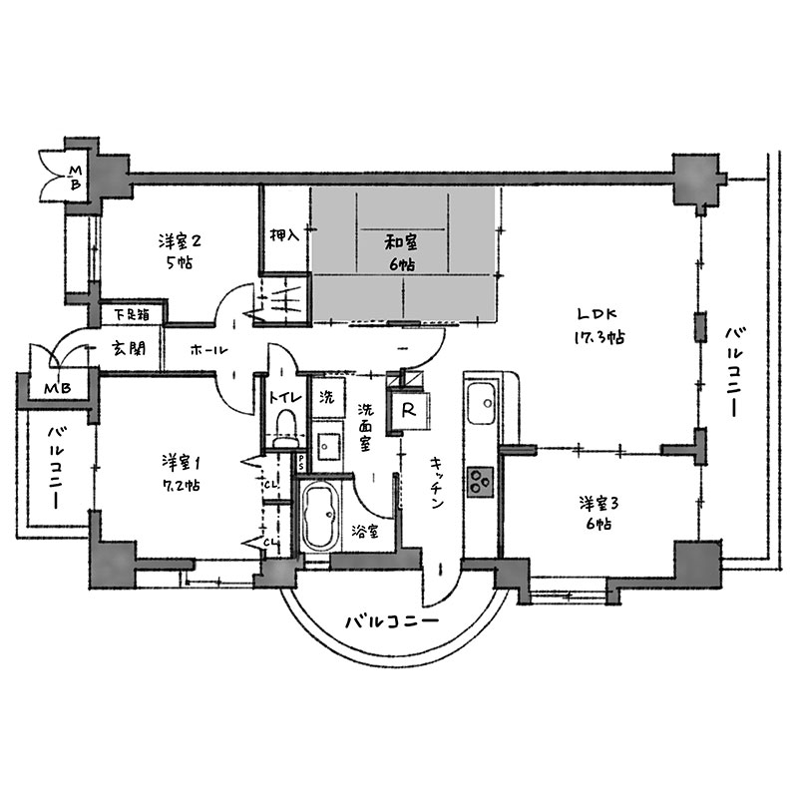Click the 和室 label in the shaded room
pyautogui.click(x=401, y=242)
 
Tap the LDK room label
pyautogui.click(x=598, y=314)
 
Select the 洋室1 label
pyautogui.click(x=182, y=463)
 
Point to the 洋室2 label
pyautogui.click(x=180, y=240)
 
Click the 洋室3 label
pyautogui.click(x=598, y=504)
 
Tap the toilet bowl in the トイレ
pyautogui.click(x=285, y=429)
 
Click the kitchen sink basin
pyautogui.click(x=481, y=403)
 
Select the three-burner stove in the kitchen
pyautogui.click(x=481, y=482)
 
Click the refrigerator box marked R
pyautogui.click(x=408, y=411)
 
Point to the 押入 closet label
pyautogui.click(x=284, y=235)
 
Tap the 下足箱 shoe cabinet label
pyautogui.click(x=132, y=315)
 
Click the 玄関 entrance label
pyautogui.click(x=129, y=348)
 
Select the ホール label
pyautogui.click(x=208, y=350)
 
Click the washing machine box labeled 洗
pyautogui.click(x=327, y=397)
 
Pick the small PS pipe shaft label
pyautogui.click(x=301, y=463)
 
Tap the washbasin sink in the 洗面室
pyautogui.click(x=326, y=446)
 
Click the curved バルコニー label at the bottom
pyautogui.click(x=392, y=621)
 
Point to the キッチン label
pyautogui.click(x=437, y=483)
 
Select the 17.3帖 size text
pyautogui.click(x=599, y=337)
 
